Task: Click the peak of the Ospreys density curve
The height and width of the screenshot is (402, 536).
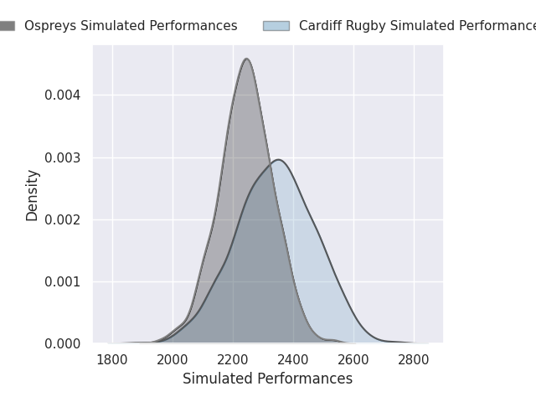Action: [x=246, y=59]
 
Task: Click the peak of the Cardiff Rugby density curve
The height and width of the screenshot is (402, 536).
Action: [x=279, y=160]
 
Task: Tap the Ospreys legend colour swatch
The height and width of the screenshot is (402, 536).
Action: [x=8, y=26]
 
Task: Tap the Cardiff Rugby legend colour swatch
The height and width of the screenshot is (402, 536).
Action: [x=276, y=26]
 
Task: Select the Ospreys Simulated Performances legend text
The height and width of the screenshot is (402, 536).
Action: [x=131, y=26]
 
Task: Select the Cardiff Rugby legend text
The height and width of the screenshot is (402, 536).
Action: [x=417, y=26]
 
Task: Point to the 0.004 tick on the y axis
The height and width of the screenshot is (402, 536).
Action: [x=63, y=95]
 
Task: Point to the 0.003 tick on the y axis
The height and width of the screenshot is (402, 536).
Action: [x=63, y=158]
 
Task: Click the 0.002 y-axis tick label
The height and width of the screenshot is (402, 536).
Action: [x=63, y=219]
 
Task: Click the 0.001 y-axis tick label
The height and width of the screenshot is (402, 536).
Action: [x=63, y=282]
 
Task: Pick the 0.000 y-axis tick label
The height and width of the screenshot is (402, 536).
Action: [x=63, y=344]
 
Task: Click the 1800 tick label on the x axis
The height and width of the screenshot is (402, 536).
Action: [x=112, y=360]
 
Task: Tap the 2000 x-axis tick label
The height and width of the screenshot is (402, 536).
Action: [x=173, y=360]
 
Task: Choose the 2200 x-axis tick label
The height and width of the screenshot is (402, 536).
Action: [x=233, y=360]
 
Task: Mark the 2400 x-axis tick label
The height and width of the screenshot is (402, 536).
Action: [x=293, y=360]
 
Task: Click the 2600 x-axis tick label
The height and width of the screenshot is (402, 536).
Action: [x=353, y=360]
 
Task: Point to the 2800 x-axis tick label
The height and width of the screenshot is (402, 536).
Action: [x=414, y=360]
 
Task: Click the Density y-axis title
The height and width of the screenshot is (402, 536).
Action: [x=32, y=195]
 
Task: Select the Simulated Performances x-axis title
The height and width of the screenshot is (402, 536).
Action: [x=268, y=379]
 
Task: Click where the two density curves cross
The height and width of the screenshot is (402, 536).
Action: [x=271, y=162]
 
